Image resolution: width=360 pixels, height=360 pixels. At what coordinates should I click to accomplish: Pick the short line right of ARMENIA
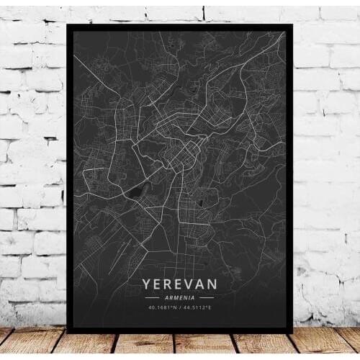(x=207, y=298)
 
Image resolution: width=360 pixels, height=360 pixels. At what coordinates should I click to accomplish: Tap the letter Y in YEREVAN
(x=148, y=284)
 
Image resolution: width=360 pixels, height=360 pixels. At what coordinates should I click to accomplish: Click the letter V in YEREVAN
(x=189, y=284)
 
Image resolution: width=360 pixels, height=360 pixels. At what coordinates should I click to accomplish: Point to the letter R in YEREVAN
(x=168, y=284)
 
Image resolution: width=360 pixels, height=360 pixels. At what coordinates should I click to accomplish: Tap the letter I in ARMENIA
(x=190, y=298)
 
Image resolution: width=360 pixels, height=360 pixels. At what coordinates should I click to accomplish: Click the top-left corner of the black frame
(x=68, y=23)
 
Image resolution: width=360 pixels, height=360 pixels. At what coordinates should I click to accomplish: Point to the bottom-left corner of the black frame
(x=68, y=332)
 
